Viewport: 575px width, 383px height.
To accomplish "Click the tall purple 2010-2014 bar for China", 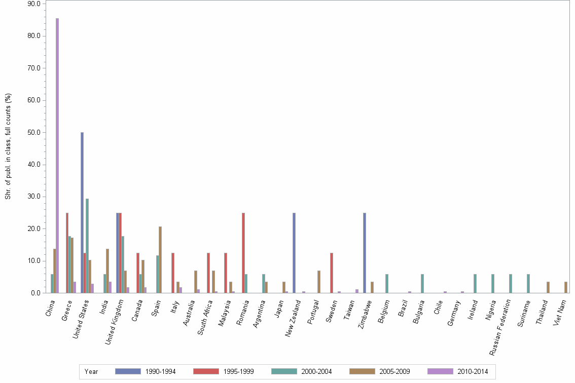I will point(57,156).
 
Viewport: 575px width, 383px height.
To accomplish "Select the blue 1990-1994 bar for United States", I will point(82,213).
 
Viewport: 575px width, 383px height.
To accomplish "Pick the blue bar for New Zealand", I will point(294,253).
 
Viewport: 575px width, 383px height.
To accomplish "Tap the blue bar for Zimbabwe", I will point(365,253).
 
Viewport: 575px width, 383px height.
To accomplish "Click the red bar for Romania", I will point(243,253).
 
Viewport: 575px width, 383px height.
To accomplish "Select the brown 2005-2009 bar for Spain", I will point(160,260).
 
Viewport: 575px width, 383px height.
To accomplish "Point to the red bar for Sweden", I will point(332,273).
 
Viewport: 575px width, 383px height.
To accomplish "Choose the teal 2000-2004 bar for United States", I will point(87,246).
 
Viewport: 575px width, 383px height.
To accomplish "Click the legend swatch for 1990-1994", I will point(128,371).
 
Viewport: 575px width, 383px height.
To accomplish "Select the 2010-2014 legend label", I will point(473,371).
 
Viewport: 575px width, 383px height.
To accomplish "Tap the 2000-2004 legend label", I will point(317,371).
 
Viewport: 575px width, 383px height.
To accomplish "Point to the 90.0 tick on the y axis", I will point(34,4).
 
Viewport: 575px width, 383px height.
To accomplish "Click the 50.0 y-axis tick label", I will point(34,132).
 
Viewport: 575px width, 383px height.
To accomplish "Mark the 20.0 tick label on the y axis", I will point(34,229).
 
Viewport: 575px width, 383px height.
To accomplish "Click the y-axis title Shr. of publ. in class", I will point(8,146).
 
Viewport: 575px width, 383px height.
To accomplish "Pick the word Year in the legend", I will point(91,371).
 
